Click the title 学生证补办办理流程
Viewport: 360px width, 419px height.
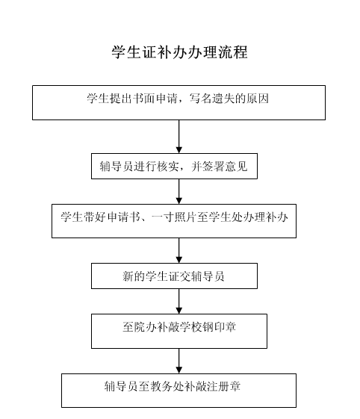179,52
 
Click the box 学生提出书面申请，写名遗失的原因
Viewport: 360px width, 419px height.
179,102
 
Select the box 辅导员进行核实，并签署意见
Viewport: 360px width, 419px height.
174,166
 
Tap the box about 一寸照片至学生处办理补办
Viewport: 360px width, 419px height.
174,221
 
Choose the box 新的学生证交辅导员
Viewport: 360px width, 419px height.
174,276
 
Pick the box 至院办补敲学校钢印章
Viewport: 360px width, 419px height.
179,331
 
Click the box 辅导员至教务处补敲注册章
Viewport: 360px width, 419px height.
179,391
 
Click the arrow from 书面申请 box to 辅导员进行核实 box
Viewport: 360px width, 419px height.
179,137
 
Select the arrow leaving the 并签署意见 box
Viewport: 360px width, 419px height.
179,191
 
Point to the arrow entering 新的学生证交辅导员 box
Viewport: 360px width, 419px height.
179,250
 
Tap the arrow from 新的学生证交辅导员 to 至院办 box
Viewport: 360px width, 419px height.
179,301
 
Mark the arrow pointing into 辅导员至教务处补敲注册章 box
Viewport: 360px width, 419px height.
179,361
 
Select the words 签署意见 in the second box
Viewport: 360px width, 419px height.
225,167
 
